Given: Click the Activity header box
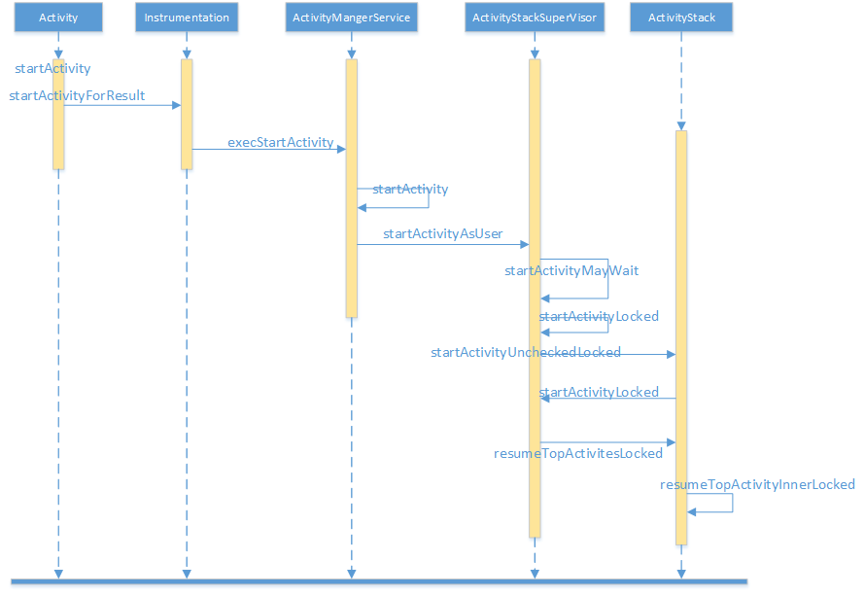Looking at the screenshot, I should [58, 18].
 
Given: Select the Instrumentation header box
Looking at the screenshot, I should [187, 18].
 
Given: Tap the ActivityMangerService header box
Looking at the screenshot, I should [351, 18].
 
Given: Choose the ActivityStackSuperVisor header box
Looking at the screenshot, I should [534, 18].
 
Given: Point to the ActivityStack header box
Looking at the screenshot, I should [681, 18].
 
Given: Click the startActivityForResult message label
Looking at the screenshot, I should [77, 95].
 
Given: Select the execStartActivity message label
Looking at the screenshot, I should [281, 142].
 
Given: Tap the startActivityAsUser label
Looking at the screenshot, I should [442, 233].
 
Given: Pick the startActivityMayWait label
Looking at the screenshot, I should [571, 270].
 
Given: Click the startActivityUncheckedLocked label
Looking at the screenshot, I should [526, 352].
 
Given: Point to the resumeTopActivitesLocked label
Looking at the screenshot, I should [578, 453].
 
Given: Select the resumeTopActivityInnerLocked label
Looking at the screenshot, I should [757, 484].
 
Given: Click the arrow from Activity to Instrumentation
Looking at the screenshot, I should [121, 105].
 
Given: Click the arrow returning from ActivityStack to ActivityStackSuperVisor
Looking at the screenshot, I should [607, 398].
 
